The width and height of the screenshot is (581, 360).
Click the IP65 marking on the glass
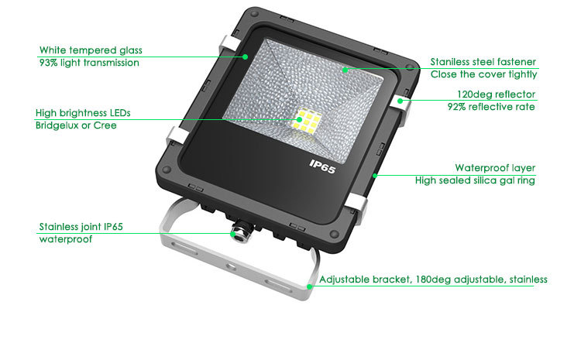[x=322, y=166]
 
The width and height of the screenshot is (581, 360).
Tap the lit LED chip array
[x=308, y=121]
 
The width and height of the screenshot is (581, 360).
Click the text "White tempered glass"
[x=91, y=50]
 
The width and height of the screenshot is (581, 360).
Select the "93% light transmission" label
[x=89, y=63]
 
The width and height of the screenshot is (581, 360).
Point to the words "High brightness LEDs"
[x=83, y=113]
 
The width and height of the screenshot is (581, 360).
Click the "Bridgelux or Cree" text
[x=76, y=125]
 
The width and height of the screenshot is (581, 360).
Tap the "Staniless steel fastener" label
[x=483, y=62]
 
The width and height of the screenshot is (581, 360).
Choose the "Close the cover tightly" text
[x=483, y=74]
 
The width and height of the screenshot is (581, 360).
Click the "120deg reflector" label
[x=496, y=94]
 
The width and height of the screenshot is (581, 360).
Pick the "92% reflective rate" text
[x=491, y=107]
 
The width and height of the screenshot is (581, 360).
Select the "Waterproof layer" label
[x=495, y=168]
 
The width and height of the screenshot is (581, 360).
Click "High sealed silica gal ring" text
[x=475, y=180]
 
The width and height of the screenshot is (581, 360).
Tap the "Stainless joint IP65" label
[x=81, y=227]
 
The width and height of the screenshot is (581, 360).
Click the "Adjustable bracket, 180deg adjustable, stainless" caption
[x=433, y=279]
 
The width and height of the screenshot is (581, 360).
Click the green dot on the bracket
[x=310, y=286]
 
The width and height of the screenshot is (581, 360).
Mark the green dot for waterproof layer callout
[x=375, y=176]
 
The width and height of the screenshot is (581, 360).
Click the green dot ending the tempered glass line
[x=246, y=57]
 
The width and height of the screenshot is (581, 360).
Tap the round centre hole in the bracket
[x=231, y=266]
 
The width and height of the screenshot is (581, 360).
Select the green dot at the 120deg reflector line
[x=401, y=101]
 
